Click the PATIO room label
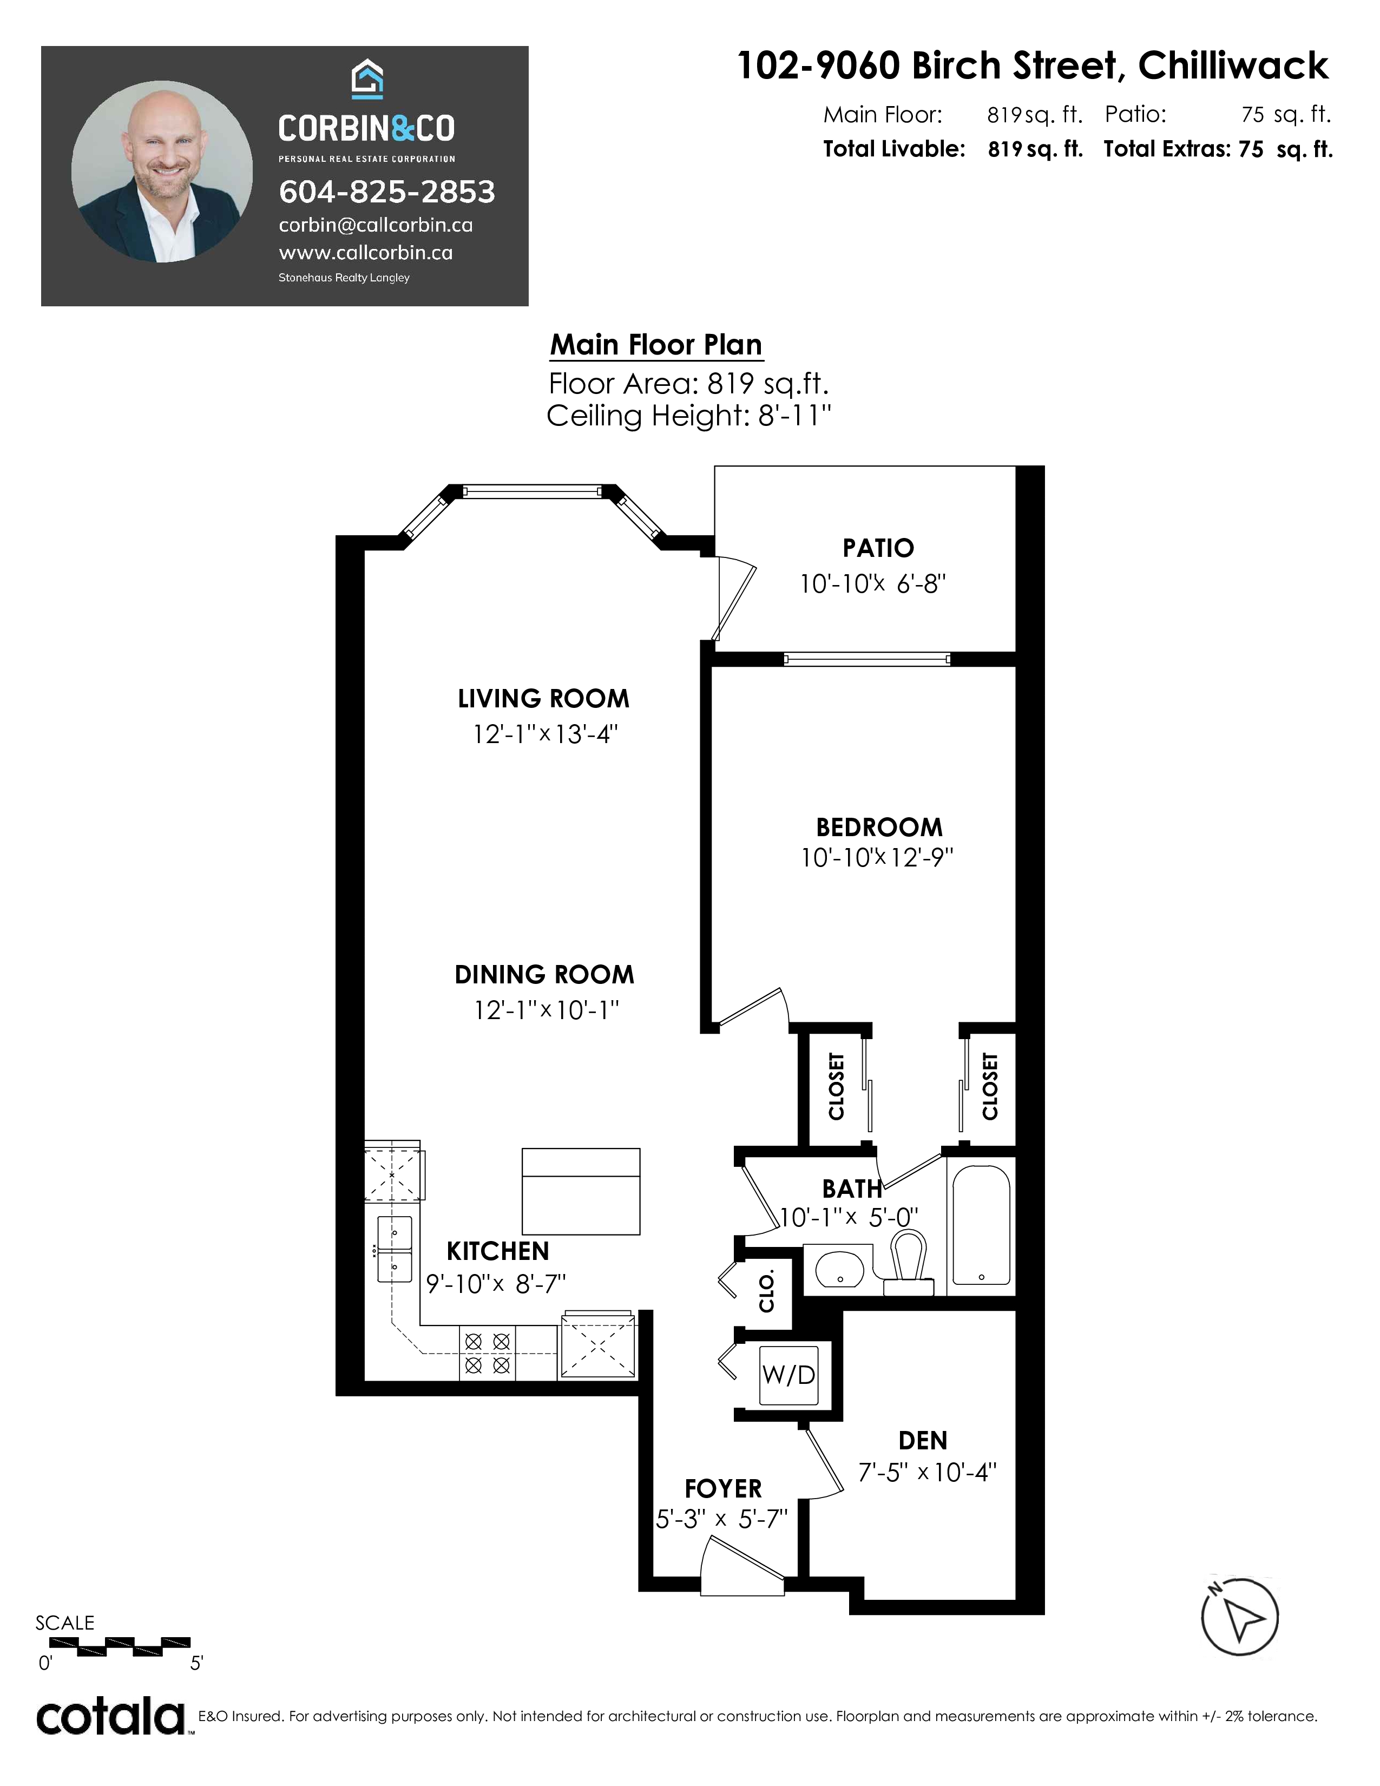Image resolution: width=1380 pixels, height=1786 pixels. click(x=878, y=548)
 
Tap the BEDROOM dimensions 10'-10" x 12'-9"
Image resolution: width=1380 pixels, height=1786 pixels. click(x=877, y=857)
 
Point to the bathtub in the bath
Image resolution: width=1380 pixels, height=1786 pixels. click(x=981, y=1224)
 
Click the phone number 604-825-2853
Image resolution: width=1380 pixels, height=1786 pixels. click(x=387, y=192)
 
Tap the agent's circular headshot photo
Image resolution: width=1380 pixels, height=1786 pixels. click(x=162, y=172)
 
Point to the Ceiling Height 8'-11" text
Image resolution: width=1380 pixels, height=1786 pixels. click(x=688, y=416)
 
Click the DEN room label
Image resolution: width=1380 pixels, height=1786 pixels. click(x=923, y=1440)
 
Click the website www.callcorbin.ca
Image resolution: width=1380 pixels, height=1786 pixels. click(x=365, y=253)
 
